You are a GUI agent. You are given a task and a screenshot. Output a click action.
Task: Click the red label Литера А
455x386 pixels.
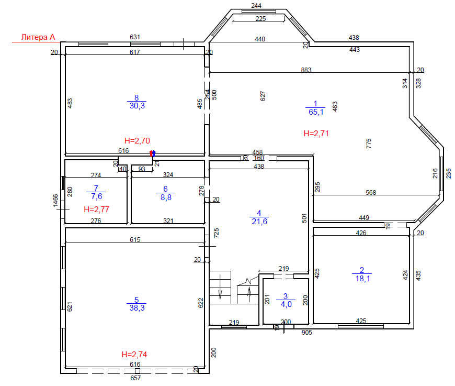tap(38, 37)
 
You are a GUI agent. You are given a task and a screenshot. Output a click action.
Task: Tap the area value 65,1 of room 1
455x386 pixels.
tap(316, 112)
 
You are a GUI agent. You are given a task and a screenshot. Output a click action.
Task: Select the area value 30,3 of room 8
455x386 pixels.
tap(137, 106)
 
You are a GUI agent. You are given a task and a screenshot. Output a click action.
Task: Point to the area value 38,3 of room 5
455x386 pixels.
tap(136, 308)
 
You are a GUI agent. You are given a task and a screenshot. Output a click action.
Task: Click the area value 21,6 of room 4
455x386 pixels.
tap(259, 222)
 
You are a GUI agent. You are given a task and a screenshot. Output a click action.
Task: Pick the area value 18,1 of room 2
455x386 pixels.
tap(362, 279)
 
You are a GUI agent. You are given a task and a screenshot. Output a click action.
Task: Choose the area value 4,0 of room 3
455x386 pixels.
tap(286, 304)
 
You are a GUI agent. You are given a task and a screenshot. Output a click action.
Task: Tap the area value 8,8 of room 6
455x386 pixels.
tap(166, 197)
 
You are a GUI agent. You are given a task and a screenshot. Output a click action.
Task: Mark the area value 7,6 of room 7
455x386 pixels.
tap(97, 196)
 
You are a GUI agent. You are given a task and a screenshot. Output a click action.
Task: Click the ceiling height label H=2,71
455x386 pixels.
tap(316, 134)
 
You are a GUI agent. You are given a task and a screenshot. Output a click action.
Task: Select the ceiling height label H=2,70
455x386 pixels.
tap(137, 141)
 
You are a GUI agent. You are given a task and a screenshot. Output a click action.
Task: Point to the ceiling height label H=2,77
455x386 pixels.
tap(96, 209)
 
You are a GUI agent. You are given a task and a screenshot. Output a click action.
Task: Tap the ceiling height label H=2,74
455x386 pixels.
tap(134, 355)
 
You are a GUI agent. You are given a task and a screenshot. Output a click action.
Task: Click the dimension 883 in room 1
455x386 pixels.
tap(306, 70)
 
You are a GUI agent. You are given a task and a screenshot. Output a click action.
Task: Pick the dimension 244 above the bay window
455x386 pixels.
tap(256, 6)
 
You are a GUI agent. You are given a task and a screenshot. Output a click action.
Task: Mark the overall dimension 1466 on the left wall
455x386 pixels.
tap(55, 201)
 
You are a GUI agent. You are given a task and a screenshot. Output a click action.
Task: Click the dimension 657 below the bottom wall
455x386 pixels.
tap(135, 378)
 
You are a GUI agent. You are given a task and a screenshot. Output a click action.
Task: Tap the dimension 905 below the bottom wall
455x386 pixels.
tap(306, 333)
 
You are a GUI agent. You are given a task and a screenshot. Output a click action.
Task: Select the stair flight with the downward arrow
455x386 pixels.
tap(220, 287)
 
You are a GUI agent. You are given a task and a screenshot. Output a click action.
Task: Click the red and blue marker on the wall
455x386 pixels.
tap(152, 153)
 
